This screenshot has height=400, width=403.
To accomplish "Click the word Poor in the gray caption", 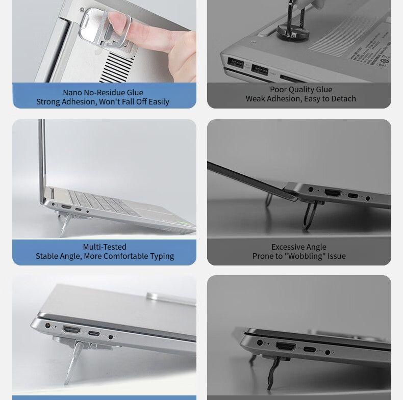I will coord(279,89).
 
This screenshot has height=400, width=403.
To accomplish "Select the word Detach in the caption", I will coord(343,98).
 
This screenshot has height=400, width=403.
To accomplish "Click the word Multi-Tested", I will coord(105,247).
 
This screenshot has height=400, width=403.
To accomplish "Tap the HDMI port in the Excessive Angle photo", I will coord(333,194).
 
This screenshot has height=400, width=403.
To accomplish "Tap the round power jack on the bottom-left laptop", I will coord(49,325).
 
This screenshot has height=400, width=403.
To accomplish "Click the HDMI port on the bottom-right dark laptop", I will coord(286,346).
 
